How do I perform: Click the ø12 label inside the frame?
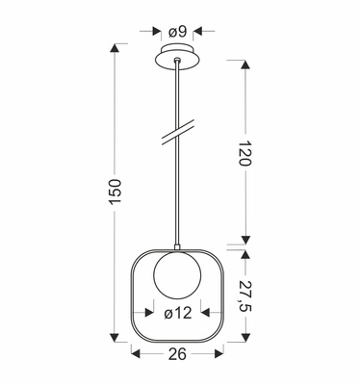(x=178, y=313)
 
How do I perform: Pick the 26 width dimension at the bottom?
(x=179, y=354)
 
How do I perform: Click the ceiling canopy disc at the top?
(x=179, y=55)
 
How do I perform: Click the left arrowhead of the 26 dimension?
(x=137, y=354)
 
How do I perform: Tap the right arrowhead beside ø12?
(x=207, y=313)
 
